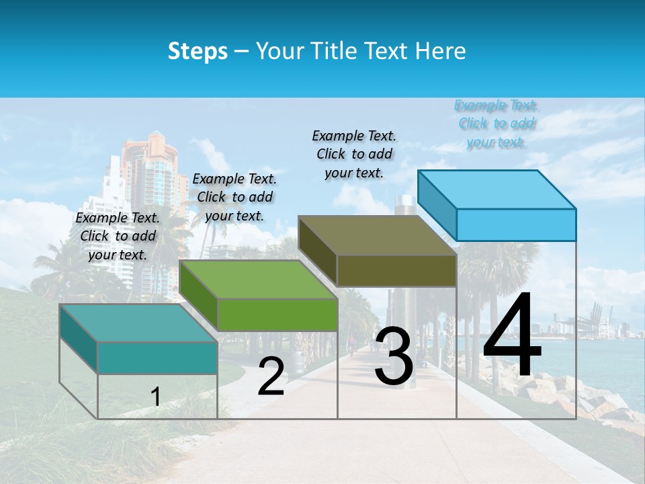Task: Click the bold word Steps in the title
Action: click(x=198, y=51)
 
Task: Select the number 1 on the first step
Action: click(x=155, y=397)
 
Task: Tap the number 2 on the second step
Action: click(x=271, y=377)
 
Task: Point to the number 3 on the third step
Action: click(x=394, y=357)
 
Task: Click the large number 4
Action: click(x=512, y=335)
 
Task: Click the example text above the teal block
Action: click(x=118, y=236)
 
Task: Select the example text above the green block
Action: click(x=234, y=197)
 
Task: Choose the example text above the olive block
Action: click(x=354, y=154)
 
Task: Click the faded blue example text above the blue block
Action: click(x=497, y=124)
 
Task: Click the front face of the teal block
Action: click(x=157, y=358)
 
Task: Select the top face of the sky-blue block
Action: click(x=496, y=189)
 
